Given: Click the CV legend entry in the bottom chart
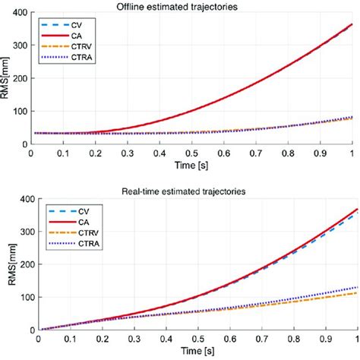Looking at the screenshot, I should pyautogui.click(x=60, y=191).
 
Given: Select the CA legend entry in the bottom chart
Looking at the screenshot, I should pyautogui.click(x=60, y=201).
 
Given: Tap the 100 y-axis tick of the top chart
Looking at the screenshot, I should pyautogui.click(x=17, y=111).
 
